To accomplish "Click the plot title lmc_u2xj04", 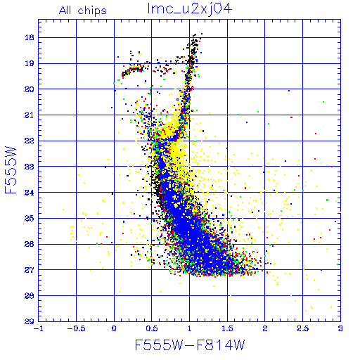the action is click(x=190, y=9).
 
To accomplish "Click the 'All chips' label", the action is click(x=83, y=11).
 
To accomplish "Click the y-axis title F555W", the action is click(x=11, y=170).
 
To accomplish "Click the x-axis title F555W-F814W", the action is click(x=190, y=345).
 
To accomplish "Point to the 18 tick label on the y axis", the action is click(x=30, y=37).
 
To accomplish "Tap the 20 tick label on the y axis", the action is click(x=30, y=89).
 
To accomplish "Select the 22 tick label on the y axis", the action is click(x=30, y=141).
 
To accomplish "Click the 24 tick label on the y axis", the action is click(x=30, y=193).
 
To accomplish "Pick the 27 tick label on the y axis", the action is click(x=30, y=270).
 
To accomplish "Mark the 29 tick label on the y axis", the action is click(x=30, y=321).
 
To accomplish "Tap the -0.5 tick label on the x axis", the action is click(x=76, y=328).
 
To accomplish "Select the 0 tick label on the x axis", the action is click(x=114, y=328).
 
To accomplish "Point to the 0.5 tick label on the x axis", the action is click(x=152, y=328).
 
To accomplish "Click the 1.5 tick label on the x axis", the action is click(x=227, y=328).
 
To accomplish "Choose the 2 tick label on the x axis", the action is click(x=265, y=328).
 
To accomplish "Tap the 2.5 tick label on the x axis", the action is click(x=302, y=328).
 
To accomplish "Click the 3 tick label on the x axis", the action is click(x=340, y=328).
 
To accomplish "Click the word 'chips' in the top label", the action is click(x=92, y=11).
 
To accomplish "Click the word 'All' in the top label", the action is click(x=65, y=10).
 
